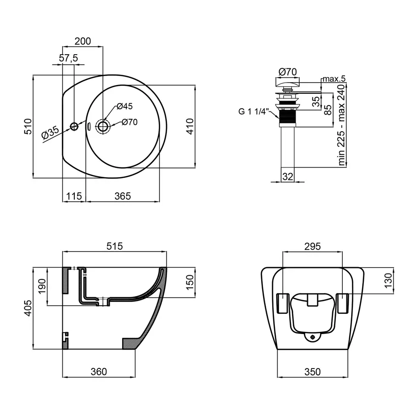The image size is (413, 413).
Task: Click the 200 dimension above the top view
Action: tap(83, 41)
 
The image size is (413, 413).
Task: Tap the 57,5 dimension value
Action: tap(68, 58)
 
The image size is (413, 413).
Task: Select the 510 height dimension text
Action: tap(28, 127)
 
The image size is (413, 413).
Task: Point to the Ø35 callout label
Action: tap(50, 133)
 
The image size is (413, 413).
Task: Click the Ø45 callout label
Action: tap(124, 106)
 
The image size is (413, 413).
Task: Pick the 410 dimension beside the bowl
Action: tap(190, 127)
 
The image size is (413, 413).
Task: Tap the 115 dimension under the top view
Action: tap(74, 196)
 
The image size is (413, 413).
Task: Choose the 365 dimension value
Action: tap(123, 196)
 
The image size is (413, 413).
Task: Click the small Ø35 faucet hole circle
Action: tap(74, 127)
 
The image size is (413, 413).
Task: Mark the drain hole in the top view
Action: tap(103, 127)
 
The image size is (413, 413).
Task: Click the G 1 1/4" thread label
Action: tap(253, 111)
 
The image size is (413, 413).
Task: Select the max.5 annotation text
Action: tap(334, 78)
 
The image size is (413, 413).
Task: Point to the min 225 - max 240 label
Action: tap(341, 125)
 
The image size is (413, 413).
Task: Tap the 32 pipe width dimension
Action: tap(288, 177)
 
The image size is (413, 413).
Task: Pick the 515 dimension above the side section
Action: tap(115, 246)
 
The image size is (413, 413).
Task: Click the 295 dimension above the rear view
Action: tap(313, 246)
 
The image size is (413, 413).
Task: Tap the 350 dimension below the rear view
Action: tap(313, 372)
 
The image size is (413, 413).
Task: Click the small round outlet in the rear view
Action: tap(313, 337)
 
